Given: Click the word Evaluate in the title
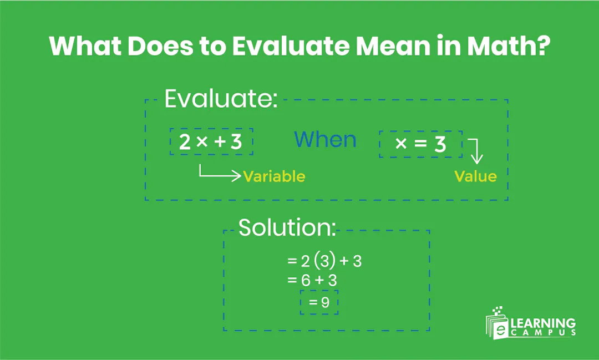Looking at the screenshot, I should pyautogui.click(x=290, y=47).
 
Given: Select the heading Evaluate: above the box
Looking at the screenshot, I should pyautogui.click(x=221, y=99).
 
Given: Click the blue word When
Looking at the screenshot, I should pyautogui.click(x=325, y=139).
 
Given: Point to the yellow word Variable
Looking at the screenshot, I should pyautogui.click(x=274, y=176).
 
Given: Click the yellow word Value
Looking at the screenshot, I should pyautogui.click(x=475, y=176).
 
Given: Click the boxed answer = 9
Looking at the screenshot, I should pyautogui.click(x=319, y=302).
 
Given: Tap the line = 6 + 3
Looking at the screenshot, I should pyautogui.click(x=312, y=281).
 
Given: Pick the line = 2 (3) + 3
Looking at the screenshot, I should pyautogui.click(x=324, y=261).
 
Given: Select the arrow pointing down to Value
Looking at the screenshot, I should pyautogui.click(x=476, y=151).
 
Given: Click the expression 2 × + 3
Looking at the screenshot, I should pyautogui.click(x=211, y=143).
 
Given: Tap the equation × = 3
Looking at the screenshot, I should pyautogui.click(x=420, y=144).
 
